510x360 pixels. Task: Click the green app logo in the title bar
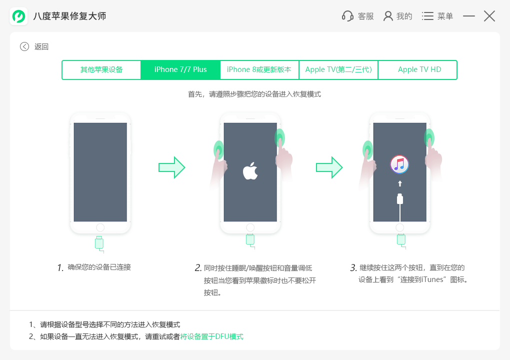tap(18, 16)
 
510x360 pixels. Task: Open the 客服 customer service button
tap(357, 16)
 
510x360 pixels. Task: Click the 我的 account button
tap(398, 16)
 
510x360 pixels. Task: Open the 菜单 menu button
tap(437, 16)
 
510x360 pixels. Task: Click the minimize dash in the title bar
tap(468, 16)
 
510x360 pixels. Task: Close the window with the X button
tap(489, 16)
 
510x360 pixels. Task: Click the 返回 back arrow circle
tap(24, 46)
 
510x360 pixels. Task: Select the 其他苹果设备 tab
tap(101, 69)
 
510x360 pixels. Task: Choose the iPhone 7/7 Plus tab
tap(180, 69)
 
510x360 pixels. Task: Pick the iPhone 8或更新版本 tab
tap(259, 69)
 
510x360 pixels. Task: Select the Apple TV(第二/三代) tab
tap(338, 69)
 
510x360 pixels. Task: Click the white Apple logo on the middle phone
tap(250, 171)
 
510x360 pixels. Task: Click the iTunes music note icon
tap(399, 164)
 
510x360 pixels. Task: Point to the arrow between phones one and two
tap(171, 167)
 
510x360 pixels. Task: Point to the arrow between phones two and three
tap(329, 167)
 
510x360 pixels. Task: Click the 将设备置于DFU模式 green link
tap(211, 336)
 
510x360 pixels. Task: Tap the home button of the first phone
tap(100, 227)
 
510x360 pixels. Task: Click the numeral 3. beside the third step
tap(353, 267)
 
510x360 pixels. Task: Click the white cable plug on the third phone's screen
tap(399, 198)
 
